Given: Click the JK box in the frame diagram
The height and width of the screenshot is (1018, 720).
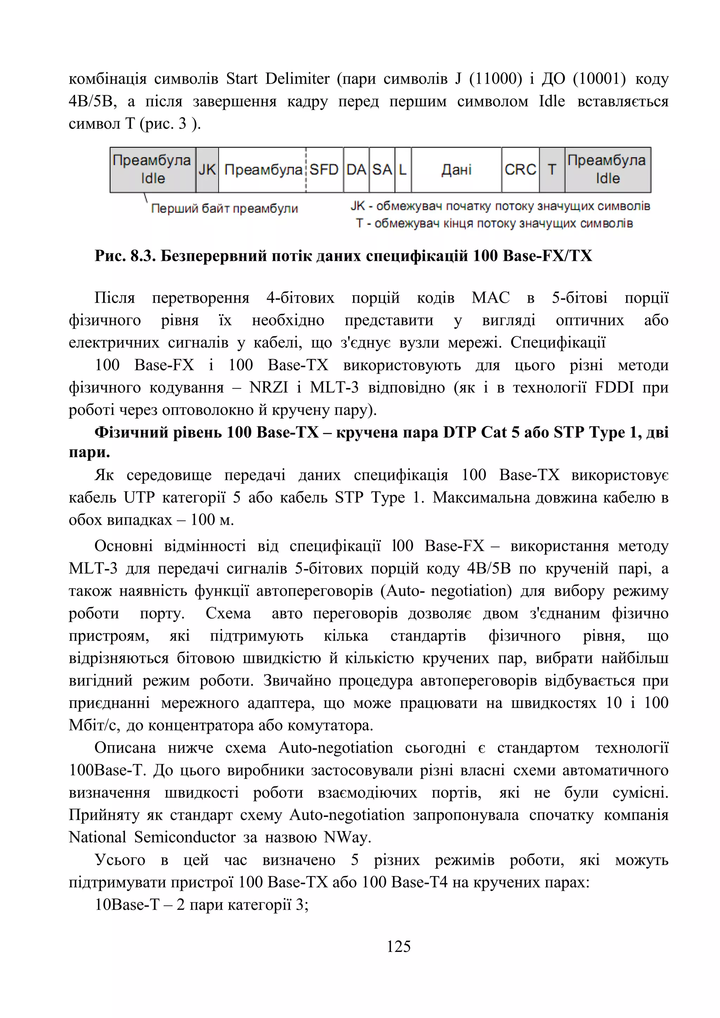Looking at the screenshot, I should [207, 170].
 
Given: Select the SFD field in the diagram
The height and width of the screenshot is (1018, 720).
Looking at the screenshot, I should [324, 170].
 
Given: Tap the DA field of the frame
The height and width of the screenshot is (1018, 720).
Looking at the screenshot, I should [356, 170].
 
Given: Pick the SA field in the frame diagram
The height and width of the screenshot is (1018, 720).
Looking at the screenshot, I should [382, 170].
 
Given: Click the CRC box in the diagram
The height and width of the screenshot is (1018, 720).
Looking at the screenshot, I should [521, 170].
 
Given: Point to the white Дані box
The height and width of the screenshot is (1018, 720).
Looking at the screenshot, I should [457, 170].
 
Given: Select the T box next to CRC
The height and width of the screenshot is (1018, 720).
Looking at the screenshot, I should [552, 170].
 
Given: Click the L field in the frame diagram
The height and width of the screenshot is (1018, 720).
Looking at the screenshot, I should [403, 170].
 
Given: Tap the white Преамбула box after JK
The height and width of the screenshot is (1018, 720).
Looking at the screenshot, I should [263, 170].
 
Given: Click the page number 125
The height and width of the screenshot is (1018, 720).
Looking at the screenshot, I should [399, 947].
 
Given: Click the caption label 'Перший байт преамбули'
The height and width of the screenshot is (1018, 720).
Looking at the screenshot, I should [224, 208].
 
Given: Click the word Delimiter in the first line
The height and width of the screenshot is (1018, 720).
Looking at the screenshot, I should [297, 79].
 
